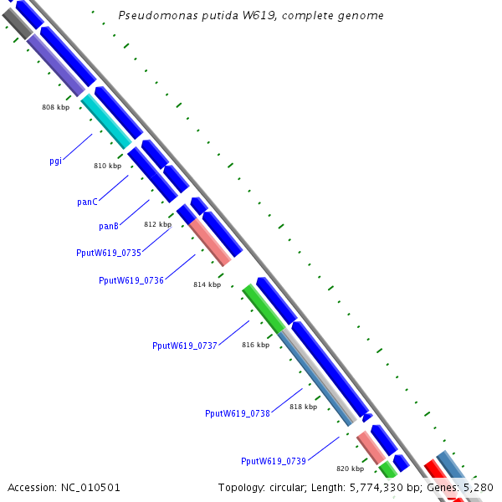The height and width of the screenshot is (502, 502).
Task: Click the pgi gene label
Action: coord(56,161)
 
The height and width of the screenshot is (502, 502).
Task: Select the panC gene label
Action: coord(87,202)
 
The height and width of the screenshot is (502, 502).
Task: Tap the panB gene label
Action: coord(109,226)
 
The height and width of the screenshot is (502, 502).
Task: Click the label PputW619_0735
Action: coord(109,252)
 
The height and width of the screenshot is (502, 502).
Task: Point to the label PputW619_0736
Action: coord(131,280)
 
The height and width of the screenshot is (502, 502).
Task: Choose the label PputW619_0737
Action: coord(185,346)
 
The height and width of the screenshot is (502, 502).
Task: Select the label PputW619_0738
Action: coord(238,413)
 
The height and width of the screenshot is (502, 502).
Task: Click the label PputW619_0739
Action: coord(274,461)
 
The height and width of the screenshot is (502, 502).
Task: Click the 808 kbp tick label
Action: coord(55,107)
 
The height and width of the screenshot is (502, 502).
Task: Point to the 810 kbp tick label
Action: coord(107,166)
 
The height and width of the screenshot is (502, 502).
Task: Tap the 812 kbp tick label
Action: coord(157,224)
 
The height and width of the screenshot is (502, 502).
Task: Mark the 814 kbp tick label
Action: coord(207,284)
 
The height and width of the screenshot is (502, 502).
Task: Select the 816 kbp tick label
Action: coord(255,345)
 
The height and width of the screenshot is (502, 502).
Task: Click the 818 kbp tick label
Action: coord(303,407)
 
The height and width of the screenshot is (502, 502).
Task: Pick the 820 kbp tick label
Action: coord(350,469)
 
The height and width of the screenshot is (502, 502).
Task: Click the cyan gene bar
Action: coord(106,121)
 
